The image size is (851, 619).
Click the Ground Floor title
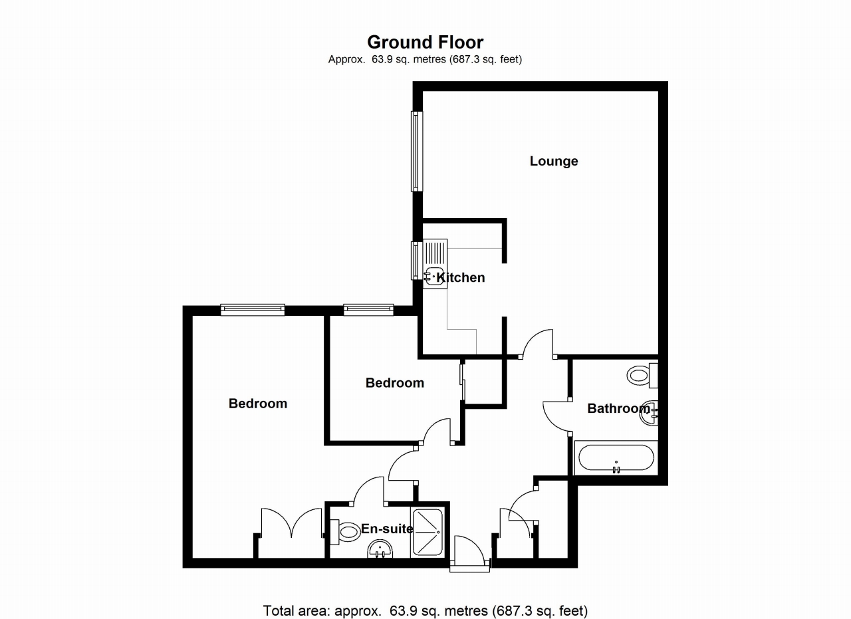click(425, 43)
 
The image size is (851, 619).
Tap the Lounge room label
click(553, 161)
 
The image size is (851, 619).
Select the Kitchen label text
click(461, 277)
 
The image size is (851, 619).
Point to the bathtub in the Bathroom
click(616, 457)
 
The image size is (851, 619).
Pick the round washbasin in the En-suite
click(380, 551)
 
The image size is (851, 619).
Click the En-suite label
click(387, 529)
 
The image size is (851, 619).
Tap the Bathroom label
click(618, 408)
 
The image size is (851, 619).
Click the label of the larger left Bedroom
click(258, 404)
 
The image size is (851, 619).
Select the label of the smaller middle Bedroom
click(394, 383)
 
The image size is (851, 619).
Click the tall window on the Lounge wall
click(416, 151)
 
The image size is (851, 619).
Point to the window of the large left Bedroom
click(253, 309)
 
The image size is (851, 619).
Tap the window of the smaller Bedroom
click(368, 309)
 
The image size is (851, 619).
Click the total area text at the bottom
click(425, 610)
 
